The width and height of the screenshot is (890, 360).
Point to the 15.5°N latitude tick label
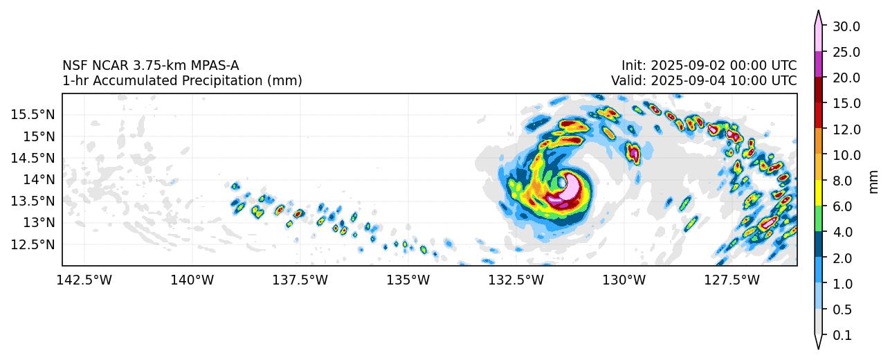(33, 114)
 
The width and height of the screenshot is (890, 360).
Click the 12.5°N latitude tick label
(33, 244)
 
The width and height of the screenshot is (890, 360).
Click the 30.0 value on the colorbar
(846, 26)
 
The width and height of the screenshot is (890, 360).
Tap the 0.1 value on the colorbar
(842, 335)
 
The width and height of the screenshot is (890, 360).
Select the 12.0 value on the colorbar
(846, 129)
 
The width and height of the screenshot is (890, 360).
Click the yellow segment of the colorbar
(818, 192)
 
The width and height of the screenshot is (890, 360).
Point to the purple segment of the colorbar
(818, 64)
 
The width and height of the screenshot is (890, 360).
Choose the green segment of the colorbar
(818, 218)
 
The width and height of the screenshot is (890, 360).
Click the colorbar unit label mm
(873, 181)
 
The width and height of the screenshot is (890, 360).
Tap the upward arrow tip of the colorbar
(818, 12)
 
